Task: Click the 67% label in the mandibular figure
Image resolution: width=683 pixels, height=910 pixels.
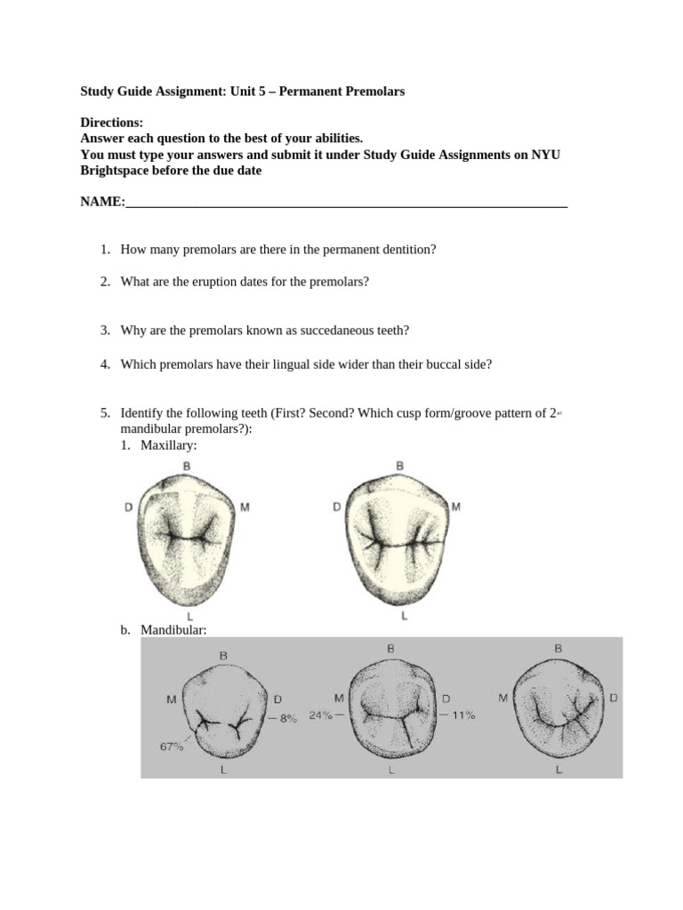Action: tap(172, 746)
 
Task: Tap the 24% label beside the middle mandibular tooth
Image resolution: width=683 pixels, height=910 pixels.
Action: tap(321, 714)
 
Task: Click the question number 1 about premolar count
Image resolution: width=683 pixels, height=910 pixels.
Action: tap(105, 250)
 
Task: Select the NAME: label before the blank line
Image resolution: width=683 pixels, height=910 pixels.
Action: tap(103, 202)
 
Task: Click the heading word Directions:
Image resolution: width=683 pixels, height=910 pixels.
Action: tap(112, 123)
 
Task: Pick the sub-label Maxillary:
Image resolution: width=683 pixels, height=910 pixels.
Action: tap(168, 444)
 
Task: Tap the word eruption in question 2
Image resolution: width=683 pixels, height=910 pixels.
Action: tap(190, 282)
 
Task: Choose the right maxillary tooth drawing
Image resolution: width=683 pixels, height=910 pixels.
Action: tap(398, 537)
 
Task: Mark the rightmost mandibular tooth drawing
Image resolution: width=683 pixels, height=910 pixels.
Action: tap(558, 711)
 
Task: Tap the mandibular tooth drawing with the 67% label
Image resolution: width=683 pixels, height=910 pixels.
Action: tap(222, 711)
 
